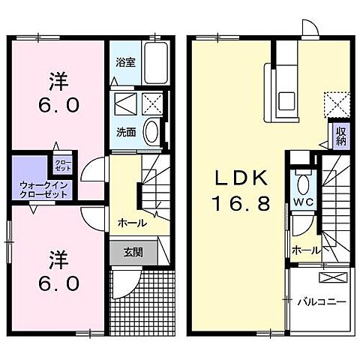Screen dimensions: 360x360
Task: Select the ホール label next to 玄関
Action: [131, 223]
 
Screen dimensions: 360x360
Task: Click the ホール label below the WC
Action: [305, 250]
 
